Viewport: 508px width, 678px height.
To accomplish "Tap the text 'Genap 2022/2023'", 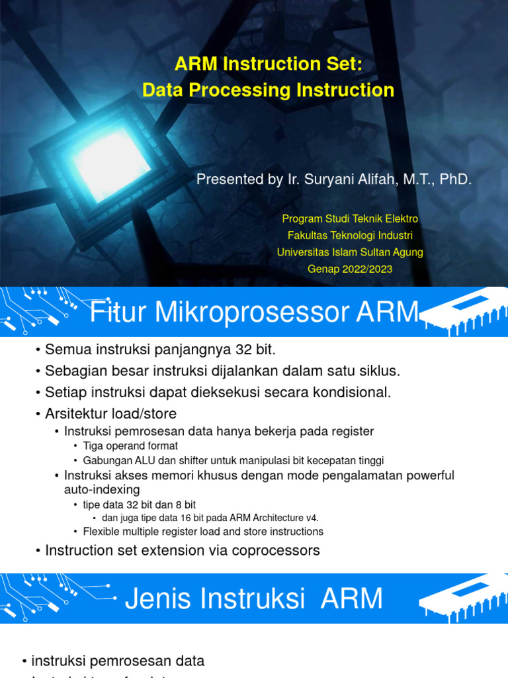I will (350, 269).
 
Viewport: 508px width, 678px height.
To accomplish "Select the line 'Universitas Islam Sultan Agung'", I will (350, 252).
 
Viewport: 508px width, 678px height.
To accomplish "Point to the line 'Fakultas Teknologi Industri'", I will (350, 235).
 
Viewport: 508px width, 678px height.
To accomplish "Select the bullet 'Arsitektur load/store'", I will (110, 414).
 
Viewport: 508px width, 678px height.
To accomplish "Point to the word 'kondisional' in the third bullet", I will (357, 392).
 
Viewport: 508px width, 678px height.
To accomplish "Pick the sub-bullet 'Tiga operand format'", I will (130, 446).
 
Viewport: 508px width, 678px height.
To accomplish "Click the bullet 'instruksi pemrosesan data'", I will (118, 661).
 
